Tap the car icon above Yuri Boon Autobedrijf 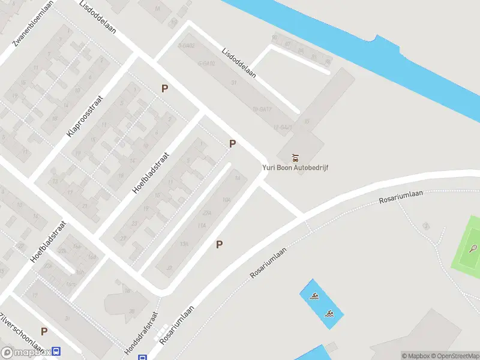tap(295, 158)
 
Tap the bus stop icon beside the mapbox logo tap(56, 352)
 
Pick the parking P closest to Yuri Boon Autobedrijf tap(232, 143)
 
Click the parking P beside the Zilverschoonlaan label tap(44, 331)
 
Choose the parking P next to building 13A tap(220, 244)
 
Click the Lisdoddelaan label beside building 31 tap(239, 63)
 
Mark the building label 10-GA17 tap(263, 109)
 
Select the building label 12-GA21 tap(283, 127)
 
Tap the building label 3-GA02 tap(187, 45)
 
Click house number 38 tap(131, 311)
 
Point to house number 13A tap(184, 243)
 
